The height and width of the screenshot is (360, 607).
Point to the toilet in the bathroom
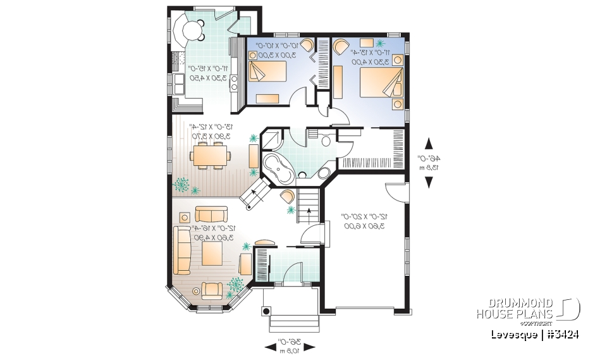click(326, 140)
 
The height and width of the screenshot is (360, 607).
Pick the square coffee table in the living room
click(212, 255)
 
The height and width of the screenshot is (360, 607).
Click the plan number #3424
click(558, 334)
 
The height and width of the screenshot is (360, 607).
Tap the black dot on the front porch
click(266, 311)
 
